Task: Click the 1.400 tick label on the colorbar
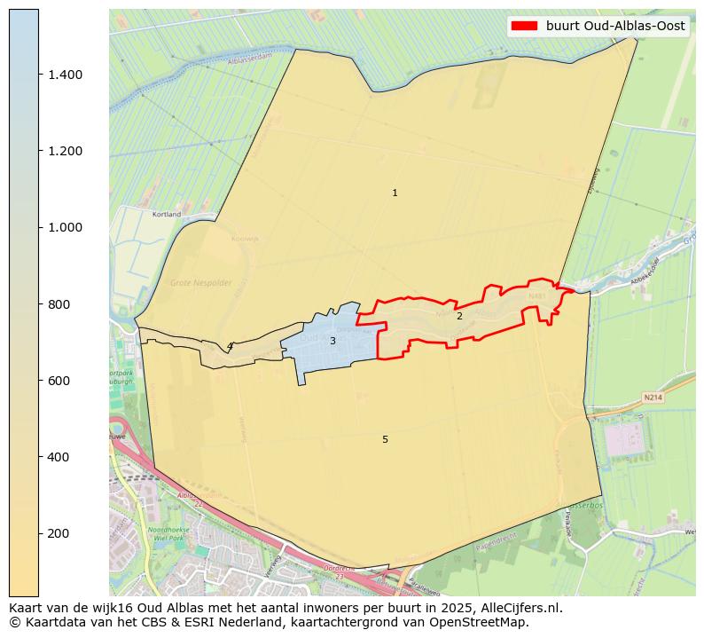tap(66, 75)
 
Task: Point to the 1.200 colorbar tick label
tap(66, 151)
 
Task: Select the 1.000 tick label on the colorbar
tap(66, 227)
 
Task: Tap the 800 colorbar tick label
tap(59, 304)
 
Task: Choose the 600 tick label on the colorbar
tap(59, 381)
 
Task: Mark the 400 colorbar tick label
tap(59, 457)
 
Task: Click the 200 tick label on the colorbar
tap(59, 533)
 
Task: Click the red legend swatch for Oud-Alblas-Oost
tap(524, 27)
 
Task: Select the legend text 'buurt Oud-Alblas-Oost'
tap(615, 27)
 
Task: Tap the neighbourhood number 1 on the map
tap(395, 193)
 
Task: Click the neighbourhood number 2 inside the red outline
tap(459, 316)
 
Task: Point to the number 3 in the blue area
tap(332, 341)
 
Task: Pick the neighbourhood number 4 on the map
tap(229, 346)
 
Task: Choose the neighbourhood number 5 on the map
tap(385, 439)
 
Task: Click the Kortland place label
tap(167, 215)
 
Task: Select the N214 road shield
tap(653, 398)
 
